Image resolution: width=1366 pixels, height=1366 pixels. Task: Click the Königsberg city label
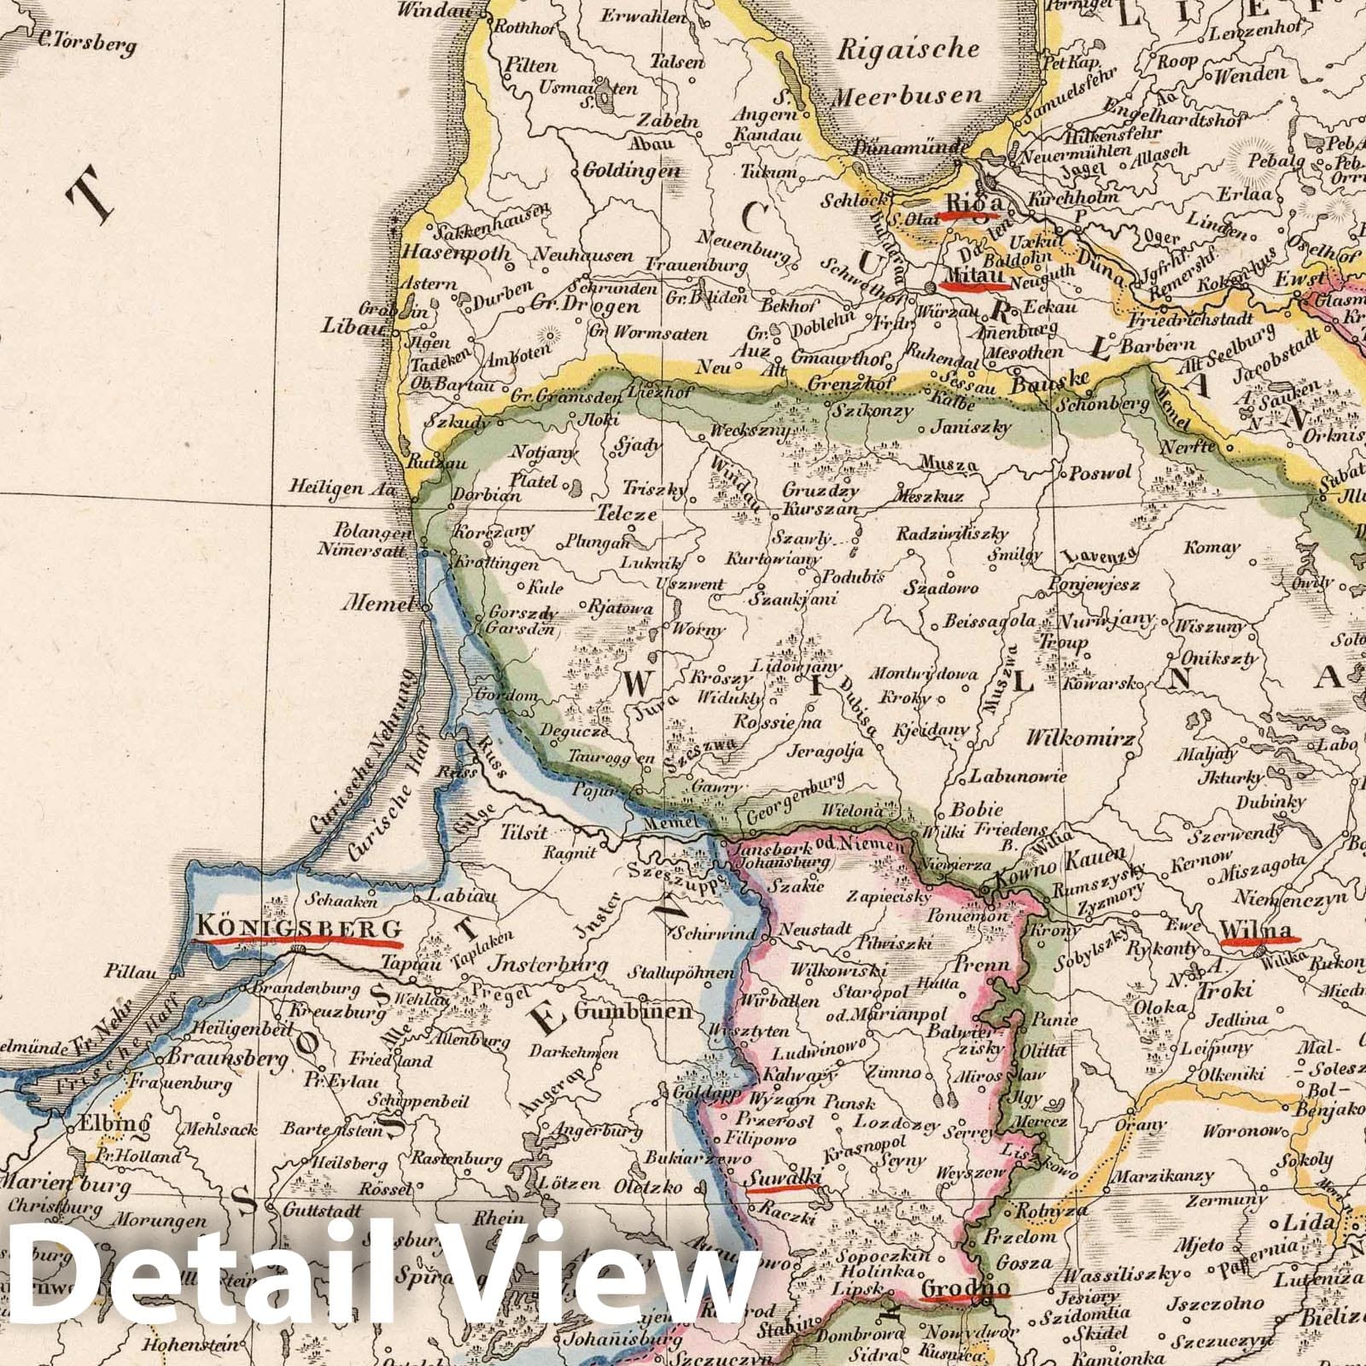298,928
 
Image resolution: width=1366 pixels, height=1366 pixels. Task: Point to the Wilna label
1259,930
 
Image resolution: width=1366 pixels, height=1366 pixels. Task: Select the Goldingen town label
631,170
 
